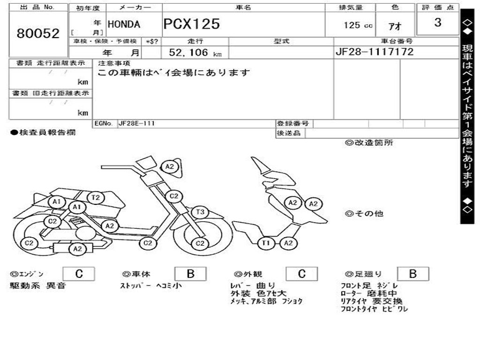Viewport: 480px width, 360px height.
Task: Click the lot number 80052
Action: [x=38, y=33]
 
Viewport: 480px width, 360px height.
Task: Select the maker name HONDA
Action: [x=124, y=25]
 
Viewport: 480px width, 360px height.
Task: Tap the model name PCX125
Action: [x=191, y=24]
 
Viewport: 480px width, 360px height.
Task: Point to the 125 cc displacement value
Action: [x=358, y=25]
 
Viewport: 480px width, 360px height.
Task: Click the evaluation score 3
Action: [x=437, y=22]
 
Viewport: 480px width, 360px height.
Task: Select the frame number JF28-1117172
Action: [x=375, y=52]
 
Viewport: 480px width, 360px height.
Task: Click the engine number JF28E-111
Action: [x=137, y=124]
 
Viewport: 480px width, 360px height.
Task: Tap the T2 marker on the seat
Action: [x=96, y=198]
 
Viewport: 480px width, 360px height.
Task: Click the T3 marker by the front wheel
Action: [x=200, y=212]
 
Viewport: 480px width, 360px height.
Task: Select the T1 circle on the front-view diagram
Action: [x=266, y=242]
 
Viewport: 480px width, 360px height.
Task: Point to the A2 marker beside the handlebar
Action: [x=170, y=166]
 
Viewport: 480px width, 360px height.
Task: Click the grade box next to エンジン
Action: [x=79, y=274]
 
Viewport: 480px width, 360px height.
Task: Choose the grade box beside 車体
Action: [x=190, y=274]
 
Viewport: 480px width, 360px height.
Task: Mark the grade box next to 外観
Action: [x=302, y=274]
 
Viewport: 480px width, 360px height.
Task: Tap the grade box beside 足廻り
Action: [x=412, y=274]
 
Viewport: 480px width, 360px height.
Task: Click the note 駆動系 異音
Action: [x=38, y=285]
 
